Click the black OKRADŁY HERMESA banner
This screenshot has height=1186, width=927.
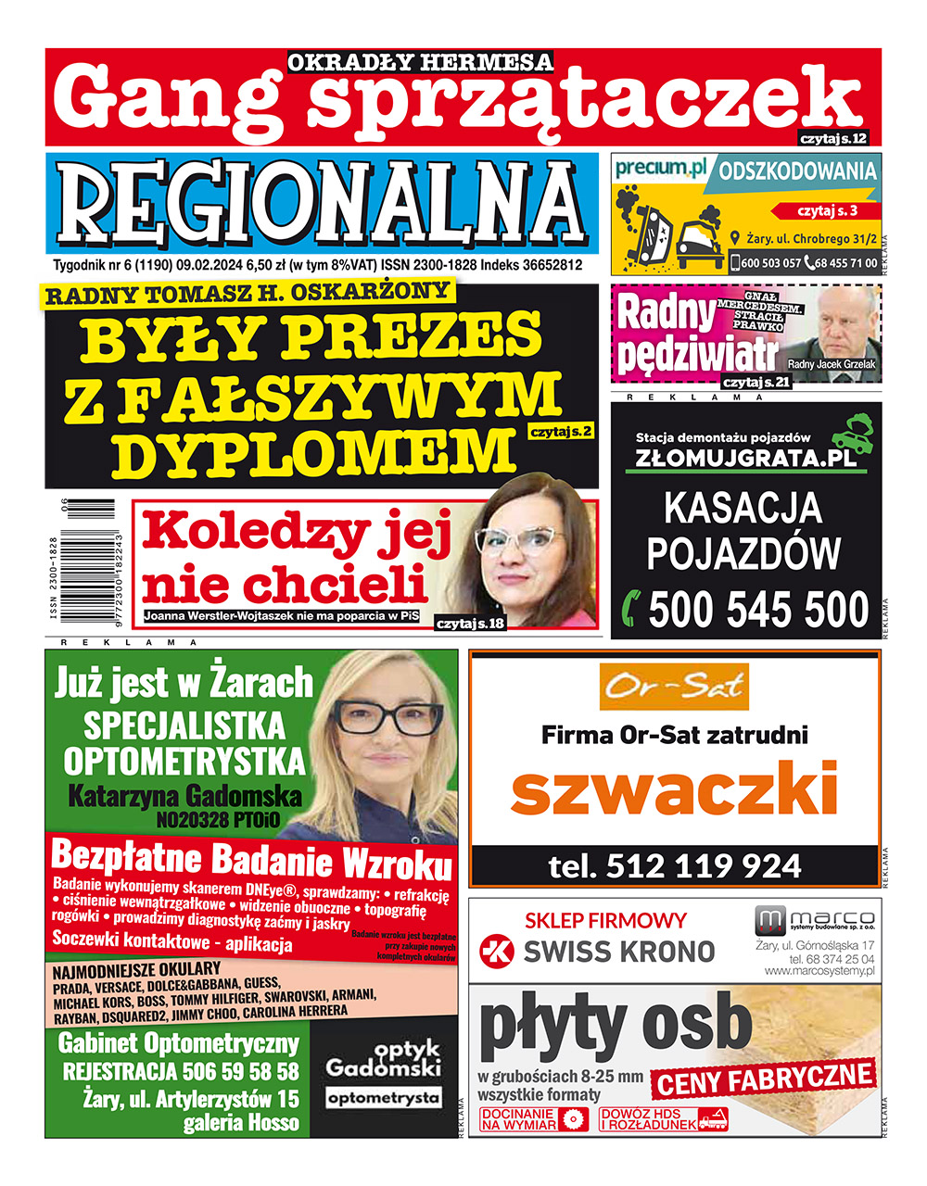click(x=420, y=62)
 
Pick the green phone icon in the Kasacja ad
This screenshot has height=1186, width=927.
click(x=632, y=608)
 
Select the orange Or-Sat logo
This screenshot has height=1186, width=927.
click(x=674, y=686)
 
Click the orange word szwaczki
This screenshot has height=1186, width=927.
click(x=674, y=790)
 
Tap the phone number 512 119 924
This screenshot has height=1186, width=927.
click(x=674, y=865)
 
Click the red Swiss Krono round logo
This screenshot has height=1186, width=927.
click(x=496, y=951)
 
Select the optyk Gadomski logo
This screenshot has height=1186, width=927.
click(x=383, y=1071)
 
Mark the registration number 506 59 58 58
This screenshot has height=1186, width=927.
click(x=180, y=1072)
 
